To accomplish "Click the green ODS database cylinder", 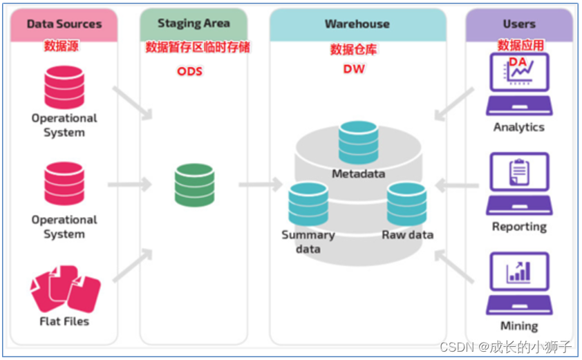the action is (194, 185).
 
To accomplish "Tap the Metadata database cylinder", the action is (359, 142).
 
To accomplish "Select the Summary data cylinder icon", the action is (308, 204).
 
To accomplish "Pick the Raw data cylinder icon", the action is (406, 204).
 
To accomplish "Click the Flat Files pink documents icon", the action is (66, 289).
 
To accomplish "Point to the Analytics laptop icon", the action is (519, 84).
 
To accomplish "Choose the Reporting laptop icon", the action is (519, 184).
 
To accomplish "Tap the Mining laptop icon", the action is (519, 283).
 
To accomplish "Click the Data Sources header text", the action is (64, 24).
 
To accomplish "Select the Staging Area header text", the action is (194, 23).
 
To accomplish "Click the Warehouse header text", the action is (357, 24).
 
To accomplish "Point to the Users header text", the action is (519, 24).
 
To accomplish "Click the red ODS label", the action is (189, 71).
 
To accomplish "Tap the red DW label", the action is (354, 69).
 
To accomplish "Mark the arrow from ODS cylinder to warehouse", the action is (261, 184).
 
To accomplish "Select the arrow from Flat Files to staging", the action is (133, 265).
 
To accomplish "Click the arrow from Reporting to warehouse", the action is (457, 185).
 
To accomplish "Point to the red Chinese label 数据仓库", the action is (354, 49).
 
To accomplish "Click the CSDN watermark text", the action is (505, 347).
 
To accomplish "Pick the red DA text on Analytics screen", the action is (518, 61).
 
